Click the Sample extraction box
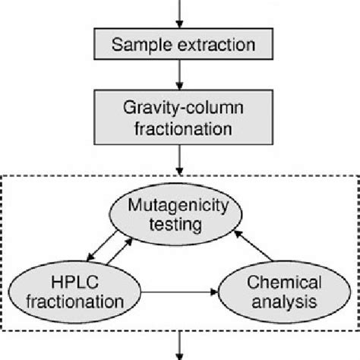183,44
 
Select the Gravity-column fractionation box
183,118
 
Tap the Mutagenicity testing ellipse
175,214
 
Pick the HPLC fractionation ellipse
74,292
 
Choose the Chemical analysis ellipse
284,292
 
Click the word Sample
142,45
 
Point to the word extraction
216,45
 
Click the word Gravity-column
183,108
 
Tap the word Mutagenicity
178,206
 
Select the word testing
175,225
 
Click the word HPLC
74,282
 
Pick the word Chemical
284,282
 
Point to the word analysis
284,302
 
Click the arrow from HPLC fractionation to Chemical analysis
179,292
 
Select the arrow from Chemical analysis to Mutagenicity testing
253,245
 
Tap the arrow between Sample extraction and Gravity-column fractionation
179,75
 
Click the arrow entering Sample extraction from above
179,14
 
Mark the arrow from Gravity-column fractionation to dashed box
179,160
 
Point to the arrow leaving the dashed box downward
179,346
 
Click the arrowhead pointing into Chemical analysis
214,292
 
